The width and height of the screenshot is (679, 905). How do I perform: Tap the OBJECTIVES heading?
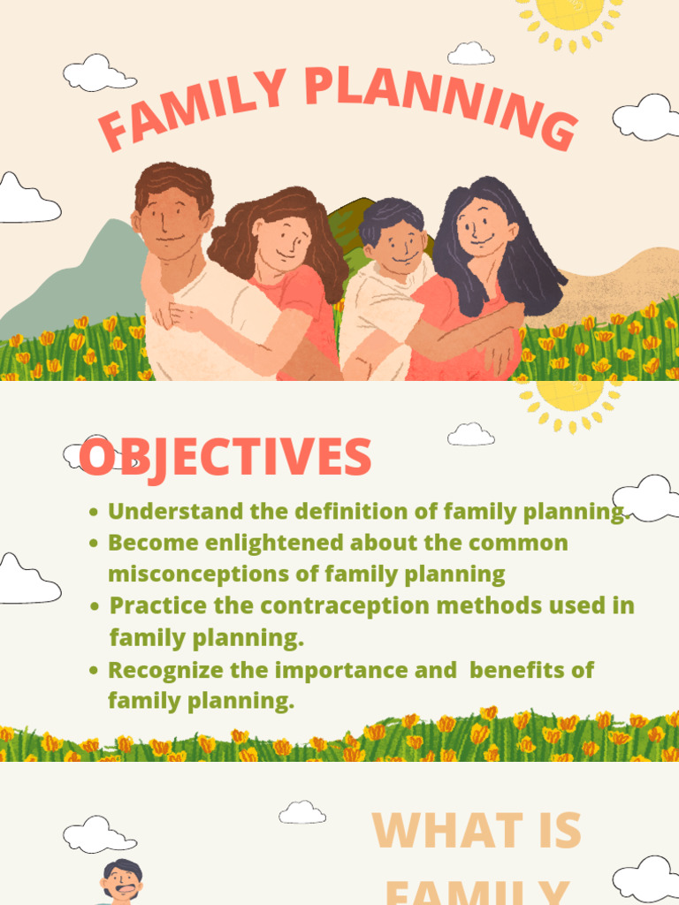225,458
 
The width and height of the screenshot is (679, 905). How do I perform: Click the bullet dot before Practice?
95,607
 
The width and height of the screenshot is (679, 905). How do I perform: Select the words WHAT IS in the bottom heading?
477,831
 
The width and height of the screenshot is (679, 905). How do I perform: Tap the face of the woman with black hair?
483,226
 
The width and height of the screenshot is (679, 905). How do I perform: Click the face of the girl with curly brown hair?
282,244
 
